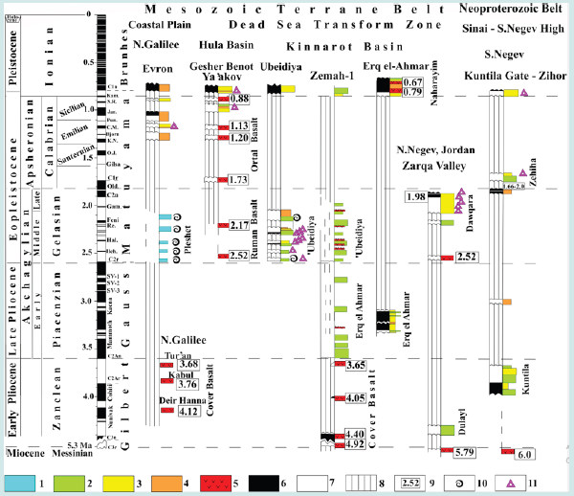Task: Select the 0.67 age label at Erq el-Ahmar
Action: coord(412,83)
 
